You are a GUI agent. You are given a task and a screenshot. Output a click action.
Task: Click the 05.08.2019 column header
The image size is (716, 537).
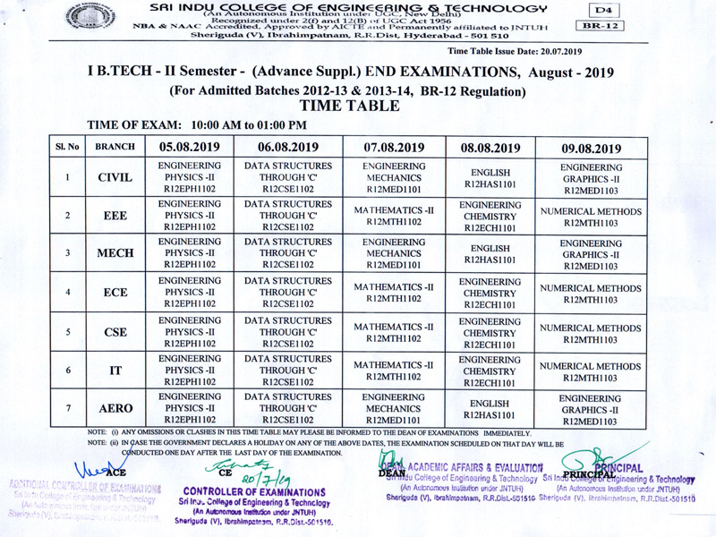189,148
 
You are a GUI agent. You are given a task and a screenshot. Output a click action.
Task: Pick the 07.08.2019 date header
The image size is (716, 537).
395,148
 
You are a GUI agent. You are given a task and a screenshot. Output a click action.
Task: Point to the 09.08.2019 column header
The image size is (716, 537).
592,148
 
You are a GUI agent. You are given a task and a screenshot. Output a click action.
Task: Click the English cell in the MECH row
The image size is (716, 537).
490,254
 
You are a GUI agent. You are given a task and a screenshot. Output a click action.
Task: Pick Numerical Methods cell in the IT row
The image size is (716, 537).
592,371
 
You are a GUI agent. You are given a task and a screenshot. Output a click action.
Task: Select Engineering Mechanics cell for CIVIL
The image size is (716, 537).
395,178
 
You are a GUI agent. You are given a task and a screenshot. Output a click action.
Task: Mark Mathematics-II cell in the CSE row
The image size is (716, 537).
395,333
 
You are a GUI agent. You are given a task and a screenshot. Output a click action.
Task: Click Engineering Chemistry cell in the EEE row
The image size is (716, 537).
490,217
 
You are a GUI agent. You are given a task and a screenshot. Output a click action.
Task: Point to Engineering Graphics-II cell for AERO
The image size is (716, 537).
592,408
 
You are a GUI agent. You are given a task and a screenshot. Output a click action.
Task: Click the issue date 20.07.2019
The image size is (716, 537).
556,52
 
